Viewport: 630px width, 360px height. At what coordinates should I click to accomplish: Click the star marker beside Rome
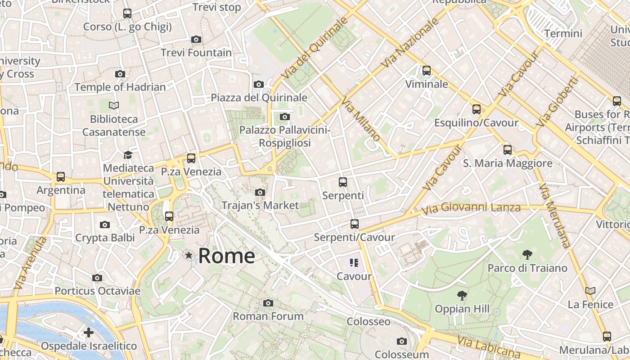(189, 256)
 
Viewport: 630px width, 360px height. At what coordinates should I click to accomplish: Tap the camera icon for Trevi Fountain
(196, 40)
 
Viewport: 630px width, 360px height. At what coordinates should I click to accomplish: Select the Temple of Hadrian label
(120, 87)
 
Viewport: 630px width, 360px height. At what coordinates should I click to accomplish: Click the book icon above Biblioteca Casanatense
(114, 106)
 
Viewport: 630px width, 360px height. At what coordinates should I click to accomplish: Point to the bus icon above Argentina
(61, 177)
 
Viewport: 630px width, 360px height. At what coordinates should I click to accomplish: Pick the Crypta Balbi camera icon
(105, 225)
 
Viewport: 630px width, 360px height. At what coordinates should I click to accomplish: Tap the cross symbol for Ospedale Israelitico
(89, 333)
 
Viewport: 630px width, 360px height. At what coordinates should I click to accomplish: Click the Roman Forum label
(268, 316)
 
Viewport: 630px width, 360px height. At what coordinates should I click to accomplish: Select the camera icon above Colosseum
(402, 342)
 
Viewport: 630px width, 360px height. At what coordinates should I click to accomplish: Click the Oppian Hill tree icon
(462, 296)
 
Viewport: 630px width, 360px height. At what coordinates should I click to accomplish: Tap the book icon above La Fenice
(590, 291)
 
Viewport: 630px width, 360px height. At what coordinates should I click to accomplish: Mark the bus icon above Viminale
(426, 71)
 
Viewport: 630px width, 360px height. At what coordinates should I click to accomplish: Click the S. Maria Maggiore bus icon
(508, 150)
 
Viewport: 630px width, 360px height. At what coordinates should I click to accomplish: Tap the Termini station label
(563, 34)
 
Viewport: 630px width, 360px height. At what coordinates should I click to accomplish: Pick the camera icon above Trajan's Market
(260, 193)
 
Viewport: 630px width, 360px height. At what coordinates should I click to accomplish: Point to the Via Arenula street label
(30, 264)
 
